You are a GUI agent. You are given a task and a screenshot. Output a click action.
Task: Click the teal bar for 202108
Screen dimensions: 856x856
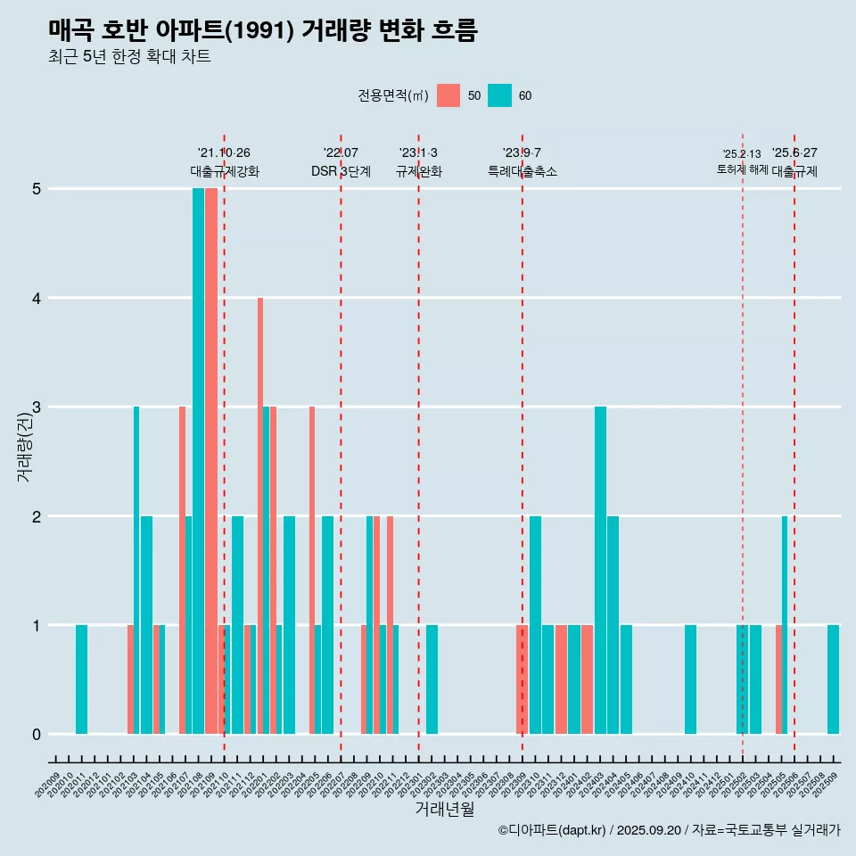198,461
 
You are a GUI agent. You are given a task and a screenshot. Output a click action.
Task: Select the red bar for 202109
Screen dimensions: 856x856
211,461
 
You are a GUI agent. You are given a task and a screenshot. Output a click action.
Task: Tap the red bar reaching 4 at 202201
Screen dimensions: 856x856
260,515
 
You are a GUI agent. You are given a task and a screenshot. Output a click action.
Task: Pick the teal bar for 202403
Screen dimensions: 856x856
600,570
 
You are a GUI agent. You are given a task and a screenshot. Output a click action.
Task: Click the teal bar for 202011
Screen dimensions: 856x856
81,679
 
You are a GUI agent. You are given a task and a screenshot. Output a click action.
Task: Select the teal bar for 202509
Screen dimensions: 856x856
833,679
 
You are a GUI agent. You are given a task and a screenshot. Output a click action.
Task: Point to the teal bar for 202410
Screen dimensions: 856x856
690,679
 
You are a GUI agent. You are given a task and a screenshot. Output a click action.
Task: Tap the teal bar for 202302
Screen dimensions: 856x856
432,679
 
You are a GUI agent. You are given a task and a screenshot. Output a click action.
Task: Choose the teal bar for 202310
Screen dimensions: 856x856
535,624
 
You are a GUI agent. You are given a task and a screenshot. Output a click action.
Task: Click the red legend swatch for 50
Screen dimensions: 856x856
449,95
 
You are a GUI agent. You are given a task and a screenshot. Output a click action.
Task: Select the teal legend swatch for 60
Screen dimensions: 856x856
500,95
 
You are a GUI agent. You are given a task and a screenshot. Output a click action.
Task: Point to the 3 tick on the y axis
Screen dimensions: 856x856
37,407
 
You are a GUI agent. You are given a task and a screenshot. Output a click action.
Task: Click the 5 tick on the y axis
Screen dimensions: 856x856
37,188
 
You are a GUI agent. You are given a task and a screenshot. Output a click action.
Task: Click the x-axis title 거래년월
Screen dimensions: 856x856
444,809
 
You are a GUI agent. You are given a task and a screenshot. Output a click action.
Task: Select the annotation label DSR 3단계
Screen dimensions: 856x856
341,171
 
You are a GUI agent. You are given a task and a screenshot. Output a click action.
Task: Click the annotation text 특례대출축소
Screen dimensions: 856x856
523,171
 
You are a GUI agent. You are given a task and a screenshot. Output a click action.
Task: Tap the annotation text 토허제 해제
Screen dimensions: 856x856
742,169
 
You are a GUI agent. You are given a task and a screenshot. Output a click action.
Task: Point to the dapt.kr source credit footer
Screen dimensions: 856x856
669,830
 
